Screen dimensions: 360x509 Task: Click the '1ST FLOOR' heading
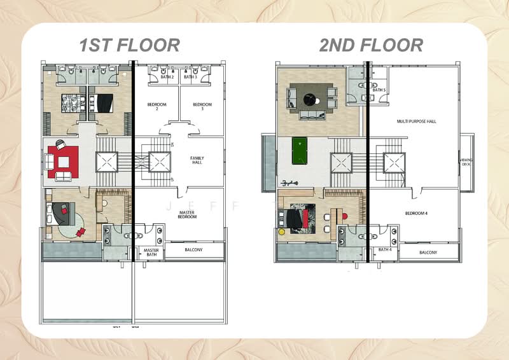point(129,45)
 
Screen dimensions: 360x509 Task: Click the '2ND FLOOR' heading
point(371,45)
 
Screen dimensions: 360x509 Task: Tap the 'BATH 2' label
point(167,77)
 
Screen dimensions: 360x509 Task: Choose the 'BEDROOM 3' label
point(202,106)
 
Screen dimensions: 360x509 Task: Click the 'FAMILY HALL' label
point(197,160)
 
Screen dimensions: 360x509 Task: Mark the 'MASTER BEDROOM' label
point(187,214)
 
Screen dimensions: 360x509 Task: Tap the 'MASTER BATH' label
point(151,253)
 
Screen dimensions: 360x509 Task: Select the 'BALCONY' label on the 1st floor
point(193,251)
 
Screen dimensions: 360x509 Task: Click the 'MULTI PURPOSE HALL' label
point(416,121)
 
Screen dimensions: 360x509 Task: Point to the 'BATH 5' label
point(379,90)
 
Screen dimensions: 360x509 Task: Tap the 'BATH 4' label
point(385,249)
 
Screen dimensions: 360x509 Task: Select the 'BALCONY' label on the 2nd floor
point(428,253)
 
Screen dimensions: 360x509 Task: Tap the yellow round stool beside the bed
point(282,232)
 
